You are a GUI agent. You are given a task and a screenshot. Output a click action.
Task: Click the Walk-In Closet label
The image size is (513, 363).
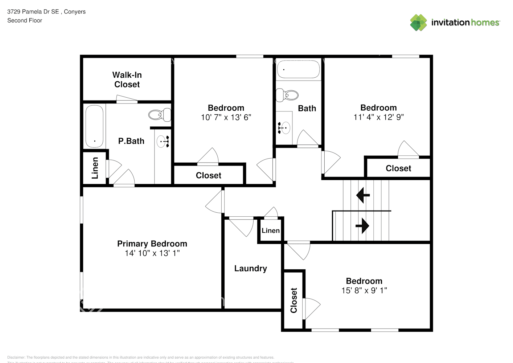[127, 79]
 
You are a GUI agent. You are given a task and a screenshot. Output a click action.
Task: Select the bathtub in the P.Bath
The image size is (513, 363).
[94, 126]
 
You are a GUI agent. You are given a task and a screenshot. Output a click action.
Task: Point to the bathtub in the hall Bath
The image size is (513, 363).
[298, 69]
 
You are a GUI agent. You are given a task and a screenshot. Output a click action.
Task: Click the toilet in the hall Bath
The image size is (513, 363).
[287, 95]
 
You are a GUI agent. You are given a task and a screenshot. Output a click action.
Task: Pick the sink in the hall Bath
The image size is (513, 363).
[284, 128]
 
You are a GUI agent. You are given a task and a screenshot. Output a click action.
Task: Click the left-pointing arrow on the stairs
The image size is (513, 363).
[363, 195]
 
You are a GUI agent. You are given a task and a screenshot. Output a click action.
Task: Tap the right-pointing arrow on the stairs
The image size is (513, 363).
[362, 226]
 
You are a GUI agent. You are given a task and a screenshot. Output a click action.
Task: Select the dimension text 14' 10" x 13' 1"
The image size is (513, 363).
[152, 253]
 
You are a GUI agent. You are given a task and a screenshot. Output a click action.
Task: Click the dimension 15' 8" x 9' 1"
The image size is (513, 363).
[364, 290]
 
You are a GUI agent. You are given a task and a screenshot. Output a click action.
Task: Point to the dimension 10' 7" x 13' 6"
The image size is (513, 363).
[226, 117]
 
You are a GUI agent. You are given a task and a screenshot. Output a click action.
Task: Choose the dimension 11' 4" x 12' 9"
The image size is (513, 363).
[378, 117]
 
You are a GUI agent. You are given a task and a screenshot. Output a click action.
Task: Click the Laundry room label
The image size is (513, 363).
[250, 269]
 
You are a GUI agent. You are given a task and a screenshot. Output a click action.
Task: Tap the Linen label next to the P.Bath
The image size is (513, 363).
[95, 168]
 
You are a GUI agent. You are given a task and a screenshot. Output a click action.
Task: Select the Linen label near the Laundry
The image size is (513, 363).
[271, 231]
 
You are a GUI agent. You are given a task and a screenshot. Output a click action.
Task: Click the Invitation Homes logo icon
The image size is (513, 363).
[418, 23]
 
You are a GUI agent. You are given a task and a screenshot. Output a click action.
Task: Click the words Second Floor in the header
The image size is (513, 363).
[25, 21]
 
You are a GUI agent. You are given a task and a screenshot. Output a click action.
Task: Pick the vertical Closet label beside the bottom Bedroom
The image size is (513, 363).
[294, 300]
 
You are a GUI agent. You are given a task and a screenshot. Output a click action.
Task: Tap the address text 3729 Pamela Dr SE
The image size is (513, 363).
[33, 12]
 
